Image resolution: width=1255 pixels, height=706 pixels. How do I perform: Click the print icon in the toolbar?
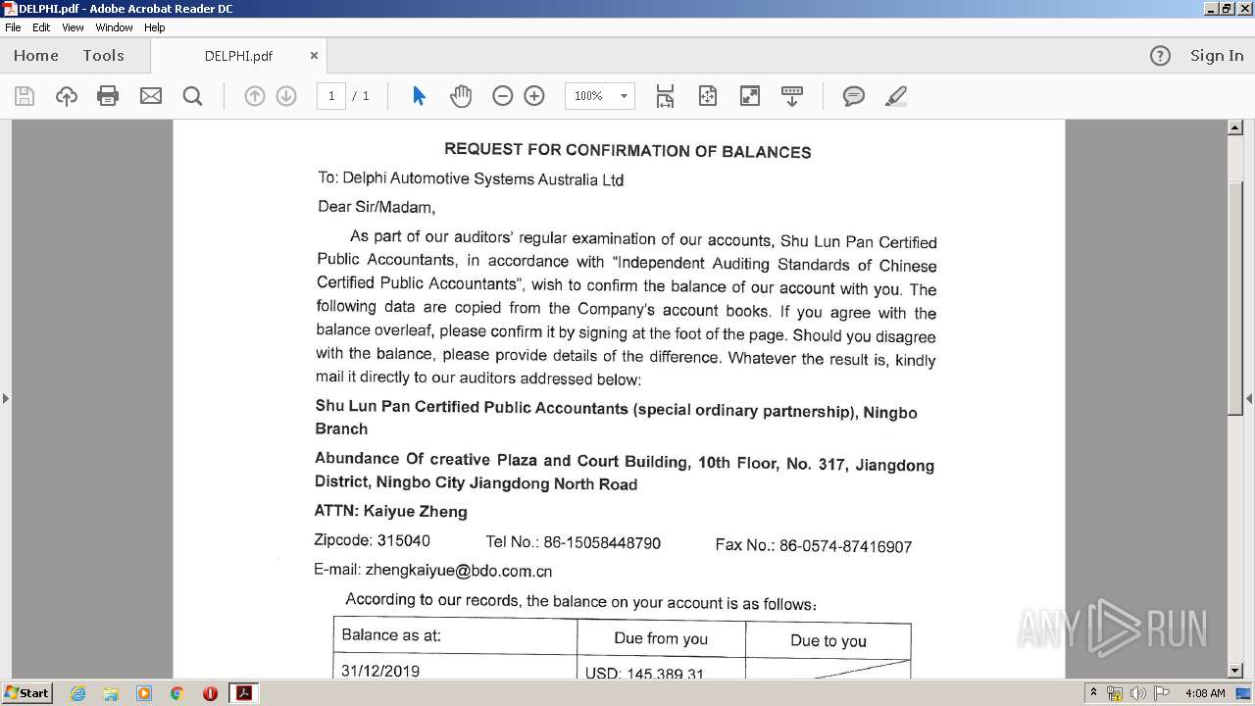coord(108,96)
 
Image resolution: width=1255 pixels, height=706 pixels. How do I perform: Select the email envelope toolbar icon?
coord(151,96)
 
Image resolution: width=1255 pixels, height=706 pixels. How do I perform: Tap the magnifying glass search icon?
coord(193,96)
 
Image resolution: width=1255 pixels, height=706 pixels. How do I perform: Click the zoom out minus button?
coord(502,96)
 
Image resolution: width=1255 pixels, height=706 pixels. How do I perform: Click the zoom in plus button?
coord(534,96)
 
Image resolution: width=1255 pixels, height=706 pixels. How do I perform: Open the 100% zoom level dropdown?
coord(623,96)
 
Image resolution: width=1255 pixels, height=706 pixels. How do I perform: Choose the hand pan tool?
coord(461,96)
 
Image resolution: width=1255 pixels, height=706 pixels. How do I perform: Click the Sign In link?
coord(1216,56)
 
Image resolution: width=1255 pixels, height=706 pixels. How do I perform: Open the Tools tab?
coord(103,56)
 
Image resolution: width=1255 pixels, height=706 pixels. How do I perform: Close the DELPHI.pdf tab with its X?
coord(314,56)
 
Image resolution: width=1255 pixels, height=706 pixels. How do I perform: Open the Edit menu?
coord(41,27)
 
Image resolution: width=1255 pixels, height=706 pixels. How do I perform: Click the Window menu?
coord(114,27)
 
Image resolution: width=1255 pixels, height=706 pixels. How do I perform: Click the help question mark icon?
coord(1160,56)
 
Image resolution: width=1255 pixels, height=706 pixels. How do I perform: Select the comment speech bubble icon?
coord(854,96)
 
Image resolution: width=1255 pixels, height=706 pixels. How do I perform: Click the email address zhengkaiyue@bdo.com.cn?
coord(458,571)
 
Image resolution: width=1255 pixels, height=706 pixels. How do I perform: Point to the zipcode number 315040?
coord(403,540)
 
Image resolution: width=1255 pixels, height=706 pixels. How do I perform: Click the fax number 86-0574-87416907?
coord(845,546)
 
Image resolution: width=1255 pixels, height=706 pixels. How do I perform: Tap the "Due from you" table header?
coord(661,638)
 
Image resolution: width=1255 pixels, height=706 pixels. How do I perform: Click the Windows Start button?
coord(27,693)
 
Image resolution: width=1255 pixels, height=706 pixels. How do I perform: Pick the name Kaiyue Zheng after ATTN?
coord(415,511)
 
